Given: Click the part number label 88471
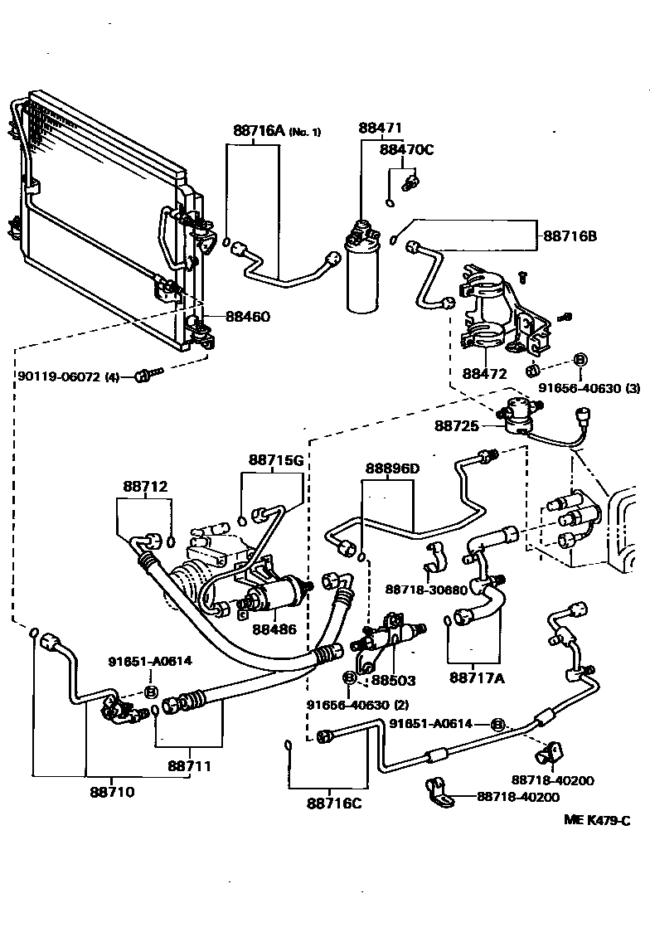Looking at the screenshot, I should click(380, 129).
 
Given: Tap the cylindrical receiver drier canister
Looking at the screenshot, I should click(361, 274).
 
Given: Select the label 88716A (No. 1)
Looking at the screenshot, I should click(276, 130).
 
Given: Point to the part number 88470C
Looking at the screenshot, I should click(406, 149).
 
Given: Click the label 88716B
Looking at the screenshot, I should click(570, 236).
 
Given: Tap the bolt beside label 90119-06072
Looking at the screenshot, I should click(149, 376).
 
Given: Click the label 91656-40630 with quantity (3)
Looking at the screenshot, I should click(578, 387).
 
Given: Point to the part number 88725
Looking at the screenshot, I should click(457, 425).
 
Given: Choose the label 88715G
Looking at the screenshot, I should click(276, 459).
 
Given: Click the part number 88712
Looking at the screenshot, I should click(146, 487).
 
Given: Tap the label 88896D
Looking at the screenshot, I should click(392, 468).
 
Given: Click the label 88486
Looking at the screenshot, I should click(274, 630).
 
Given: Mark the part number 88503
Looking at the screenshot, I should click(393, 680).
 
